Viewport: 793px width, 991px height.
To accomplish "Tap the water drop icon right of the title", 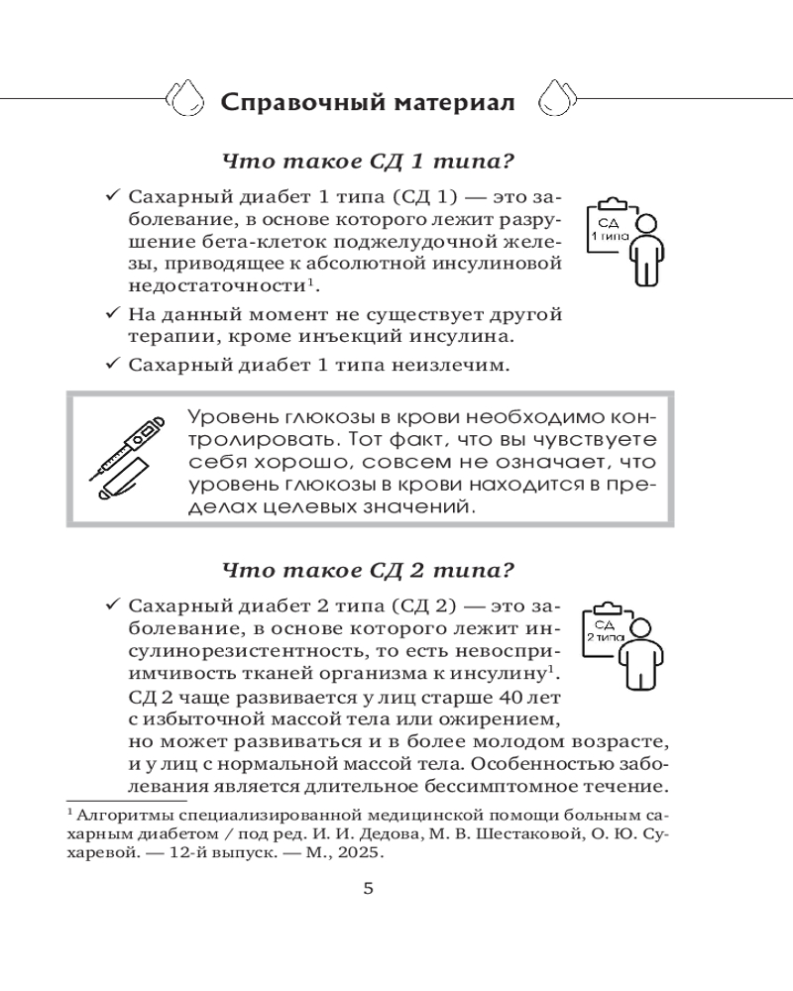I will [x=553, y=98].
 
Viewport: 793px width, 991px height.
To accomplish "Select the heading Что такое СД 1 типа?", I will [x=372, y=163].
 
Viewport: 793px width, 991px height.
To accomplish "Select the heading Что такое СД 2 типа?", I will [x=372, y=571].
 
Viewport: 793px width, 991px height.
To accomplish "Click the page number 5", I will [x=369, y=888].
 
